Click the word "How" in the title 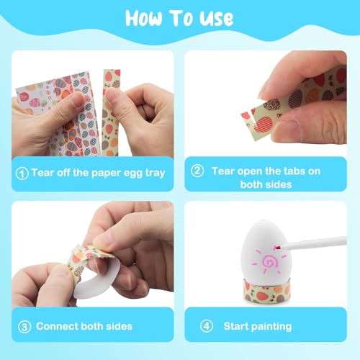tap(144, 18)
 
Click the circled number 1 tap(22, 174)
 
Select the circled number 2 tap(197, 171)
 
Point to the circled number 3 tap(24, 327)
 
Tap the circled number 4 tap(207, 326)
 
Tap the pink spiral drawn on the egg tap(269, 262)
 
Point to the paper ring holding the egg tap(267, 291)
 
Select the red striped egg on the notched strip tap(264, 124)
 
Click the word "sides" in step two tap(279, 184)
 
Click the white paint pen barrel tap(314, 242)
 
